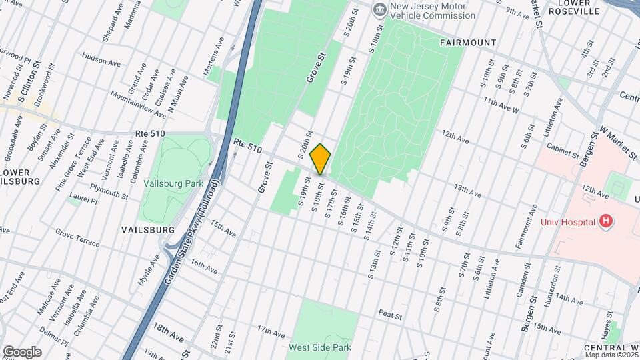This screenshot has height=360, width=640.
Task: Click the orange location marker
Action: tap(321, 159)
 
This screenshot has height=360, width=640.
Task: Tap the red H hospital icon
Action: tap(605, 221)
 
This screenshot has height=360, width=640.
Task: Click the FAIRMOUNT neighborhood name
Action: tap(468, 43)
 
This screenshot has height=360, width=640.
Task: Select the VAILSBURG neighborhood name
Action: tap(147, 229)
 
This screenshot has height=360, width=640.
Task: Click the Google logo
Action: tap(22, 351)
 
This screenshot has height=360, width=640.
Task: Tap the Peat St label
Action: tap(389, 313)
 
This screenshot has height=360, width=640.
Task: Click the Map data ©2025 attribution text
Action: tap(611, 354)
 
